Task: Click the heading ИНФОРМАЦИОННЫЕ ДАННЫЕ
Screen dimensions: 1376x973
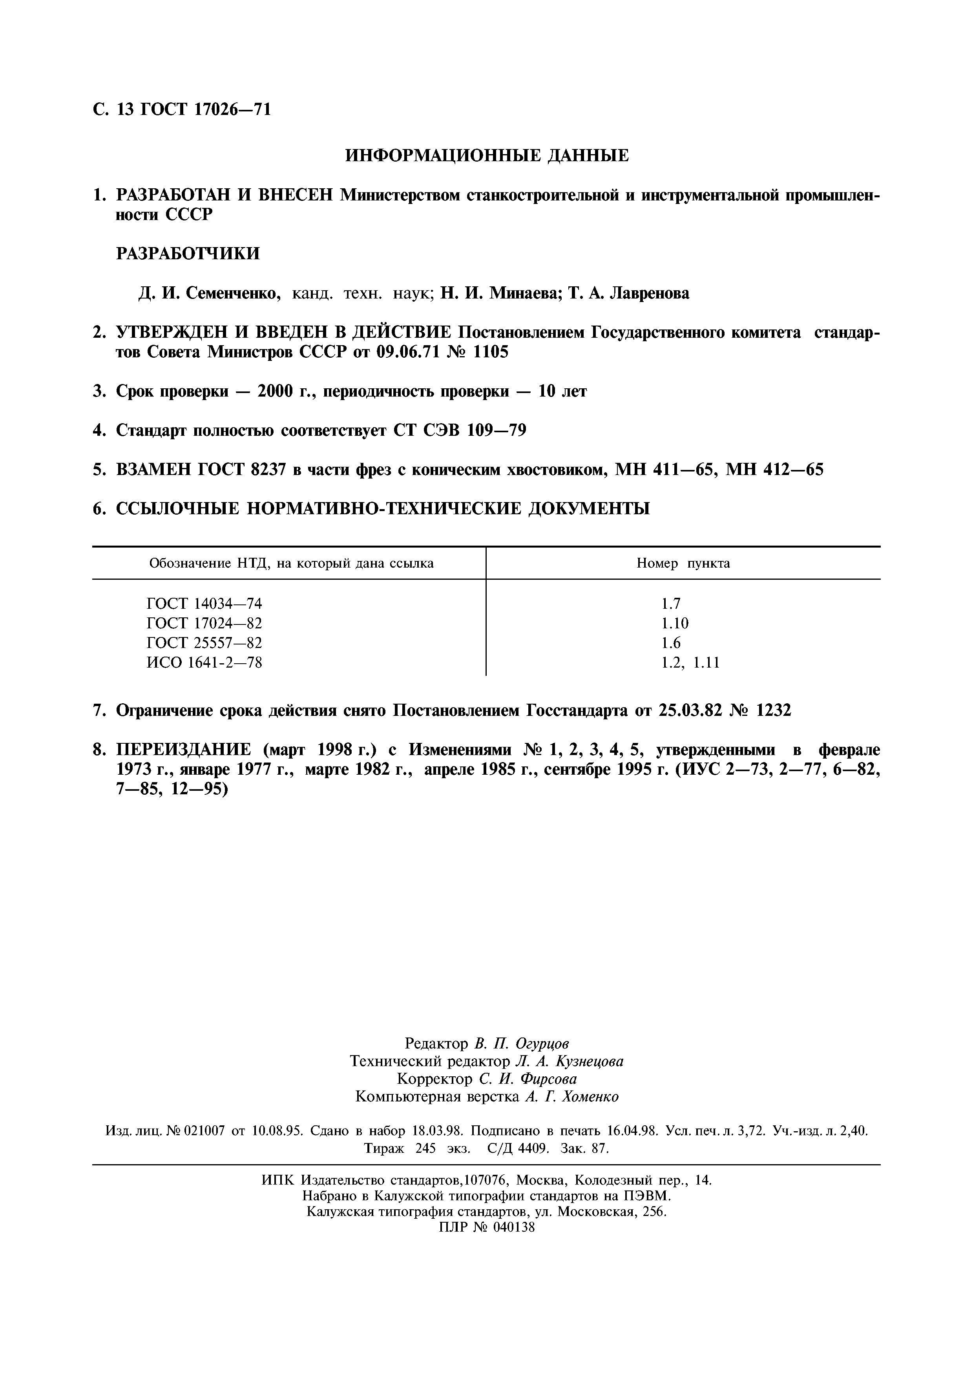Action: click(487, 156)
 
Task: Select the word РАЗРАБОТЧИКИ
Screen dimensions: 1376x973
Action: click(188, 253)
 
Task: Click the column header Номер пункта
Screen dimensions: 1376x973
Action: click(683, 563)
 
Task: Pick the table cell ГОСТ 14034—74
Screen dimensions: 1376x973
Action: click(204, 604)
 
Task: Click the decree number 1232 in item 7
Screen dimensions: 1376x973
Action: click(774, 711)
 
